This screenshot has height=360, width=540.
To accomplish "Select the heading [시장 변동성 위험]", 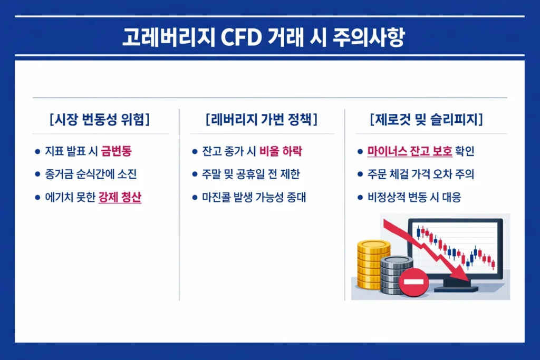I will click(x=99, y=120).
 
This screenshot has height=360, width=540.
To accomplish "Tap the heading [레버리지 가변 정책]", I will click(x=262, y=120).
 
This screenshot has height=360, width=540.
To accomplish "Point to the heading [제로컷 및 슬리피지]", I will click(x=427, y=120).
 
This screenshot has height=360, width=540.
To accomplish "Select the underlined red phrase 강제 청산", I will click(x=120, y=198).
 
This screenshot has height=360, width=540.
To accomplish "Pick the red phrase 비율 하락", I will click(x=281, y=152).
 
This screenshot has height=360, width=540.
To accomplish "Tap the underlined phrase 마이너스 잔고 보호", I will click(x=410, y=152).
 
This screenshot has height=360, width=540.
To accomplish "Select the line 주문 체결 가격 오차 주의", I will click(x=421, y=174).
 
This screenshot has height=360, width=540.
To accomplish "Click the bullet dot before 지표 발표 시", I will click(x=37, y=152).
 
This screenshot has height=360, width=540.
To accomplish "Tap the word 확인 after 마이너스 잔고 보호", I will click(x=464, y=152).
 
